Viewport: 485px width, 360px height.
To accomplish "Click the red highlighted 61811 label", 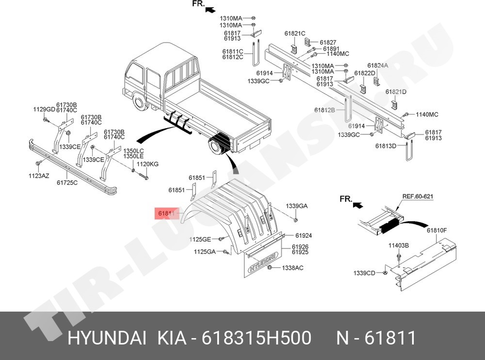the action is [x=167, y=213].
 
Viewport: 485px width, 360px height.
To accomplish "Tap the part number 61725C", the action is [x=67, y=182].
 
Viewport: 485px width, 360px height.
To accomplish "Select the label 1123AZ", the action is [x=39, y=176].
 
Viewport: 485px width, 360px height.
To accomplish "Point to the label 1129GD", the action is [x=44, y=109].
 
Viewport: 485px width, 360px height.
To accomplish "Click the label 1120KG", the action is [x=147, y=164].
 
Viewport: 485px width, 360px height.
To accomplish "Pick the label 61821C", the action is [x=295, y=33].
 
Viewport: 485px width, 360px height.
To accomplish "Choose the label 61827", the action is [x=328, y=42].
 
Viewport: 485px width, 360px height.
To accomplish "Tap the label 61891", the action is [x=331, y=49].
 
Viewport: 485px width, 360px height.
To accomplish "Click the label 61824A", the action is [x=377, y=65].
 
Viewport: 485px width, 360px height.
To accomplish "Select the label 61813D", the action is [x=386, y=146].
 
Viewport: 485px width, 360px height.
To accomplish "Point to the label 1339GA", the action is [x=297, y=206].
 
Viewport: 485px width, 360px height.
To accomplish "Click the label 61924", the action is [x=304, y=236].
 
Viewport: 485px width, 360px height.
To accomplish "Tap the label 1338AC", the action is [x=292, y=268].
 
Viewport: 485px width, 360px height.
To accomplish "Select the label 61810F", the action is [x=437, y=230].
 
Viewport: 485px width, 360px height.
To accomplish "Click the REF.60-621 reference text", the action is [x=418, y=196].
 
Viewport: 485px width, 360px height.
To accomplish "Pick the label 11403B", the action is [x=398, y=245].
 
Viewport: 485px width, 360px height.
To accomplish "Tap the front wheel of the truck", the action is [x=141, y=103].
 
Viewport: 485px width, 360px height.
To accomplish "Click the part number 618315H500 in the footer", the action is [x=257, y=338].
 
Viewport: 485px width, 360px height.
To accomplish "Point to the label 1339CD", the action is [x=364, y=273].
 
